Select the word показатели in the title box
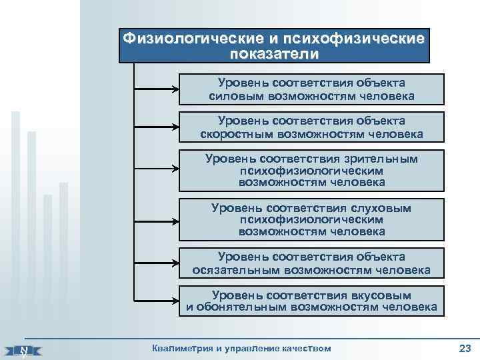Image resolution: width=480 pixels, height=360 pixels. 274,53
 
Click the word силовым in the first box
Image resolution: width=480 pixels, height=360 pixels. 236,96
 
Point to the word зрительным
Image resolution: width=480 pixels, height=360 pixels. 379,159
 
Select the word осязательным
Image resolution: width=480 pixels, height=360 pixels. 237,270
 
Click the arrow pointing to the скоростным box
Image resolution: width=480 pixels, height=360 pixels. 157,127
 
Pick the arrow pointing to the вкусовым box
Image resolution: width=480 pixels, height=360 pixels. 157,301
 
